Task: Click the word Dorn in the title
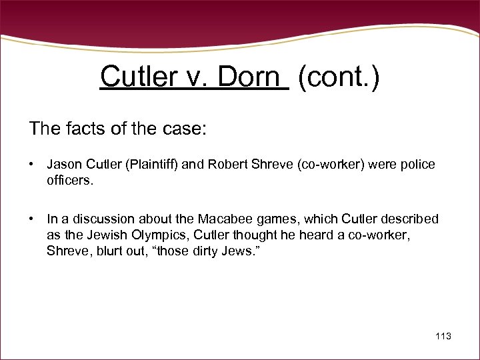click(248, 78)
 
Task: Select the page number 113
click(443, 336)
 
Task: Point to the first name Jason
click(63, 165)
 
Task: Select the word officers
click(69, 180)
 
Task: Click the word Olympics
click(164, 235)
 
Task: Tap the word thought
click(251, 235)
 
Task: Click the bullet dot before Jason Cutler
click(31, 165)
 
